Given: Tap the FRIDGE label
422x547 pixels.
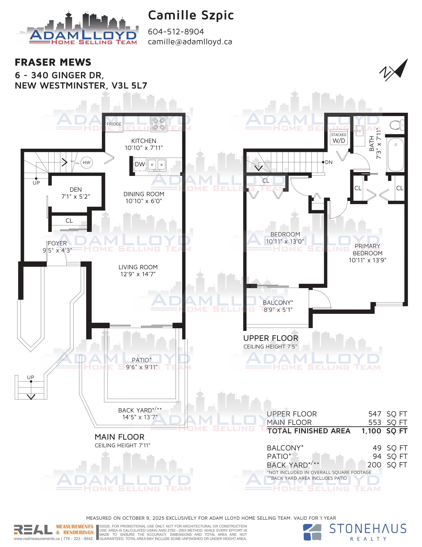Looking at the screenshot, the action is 114,124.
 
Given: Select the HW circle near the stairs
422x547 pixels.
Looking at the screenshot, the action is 87,163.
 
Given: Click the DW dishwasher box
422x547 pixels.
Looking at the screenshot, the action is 140,164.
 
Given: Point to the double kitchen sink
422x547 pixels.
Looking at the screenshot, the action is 157,165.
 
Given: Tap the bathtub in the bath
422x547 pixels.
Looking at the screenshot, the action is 395,154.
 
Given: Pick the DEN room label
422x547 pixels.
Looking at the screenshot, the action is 76,190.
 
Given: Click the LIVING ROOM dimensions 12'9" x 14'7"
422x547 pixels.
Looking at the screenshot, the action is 138,274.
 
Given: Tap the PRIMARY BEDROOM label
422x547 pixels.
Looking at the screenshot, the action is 367,250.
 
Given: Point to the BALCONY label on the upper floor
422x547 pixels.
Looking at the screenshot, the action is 278,302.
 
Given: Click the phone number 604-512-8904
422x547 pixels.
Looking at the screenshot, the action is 176,32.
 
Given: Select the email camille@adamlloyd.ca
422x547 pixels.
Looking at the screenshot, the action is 190,42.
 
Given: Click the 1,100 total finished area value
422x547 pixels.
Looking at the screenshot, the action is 371,431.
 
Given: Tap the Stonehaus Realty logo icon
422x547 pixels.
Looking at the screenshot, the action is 312,532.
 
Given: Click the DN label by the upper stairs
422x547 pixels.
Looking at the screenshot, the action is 329,162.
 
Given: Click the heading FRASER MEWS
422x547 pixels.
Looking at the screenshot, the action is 53,62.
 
